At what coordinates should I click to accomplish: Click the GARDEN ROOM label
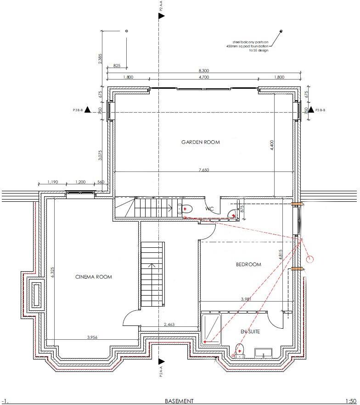tap(200, 142)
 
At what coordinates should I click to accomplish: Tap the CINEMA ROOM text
tap(93, 277)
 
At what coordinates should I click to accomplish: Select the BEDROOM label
tap(248, 264)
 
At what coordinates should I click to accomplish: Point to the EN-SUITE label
tap(251, 331)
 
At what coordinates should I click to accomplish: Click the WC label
tap(210, 209)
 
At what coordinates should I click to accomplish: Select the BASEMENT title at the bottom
tap(179, 401)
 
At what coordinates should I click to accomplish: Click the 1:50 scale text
tap(350, 401)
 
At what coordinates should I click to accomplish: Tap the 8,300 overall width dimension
tap(204, 70)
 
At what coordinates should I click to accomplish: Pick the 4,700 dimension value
tap(204, 77)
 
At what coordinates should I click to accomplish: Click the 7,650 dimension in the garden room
tap(204, 170)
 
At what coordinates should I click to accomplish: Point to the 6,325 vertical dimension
tap(52, 273)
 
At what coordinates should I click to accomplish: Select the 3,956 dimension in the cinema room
tap(92, 337)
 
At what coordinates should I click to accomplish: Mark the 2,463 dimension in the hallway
tap(169, 325)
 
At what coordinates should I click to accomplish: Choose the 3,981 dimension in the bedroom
tap(247, 299)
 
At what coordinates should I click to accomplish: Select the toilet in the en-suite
tap(240, 350)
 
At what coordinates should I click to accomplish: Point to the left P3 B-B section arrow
tap(87, 110)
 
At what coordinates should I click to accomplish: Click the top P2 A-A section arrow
tap(161, 16)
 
